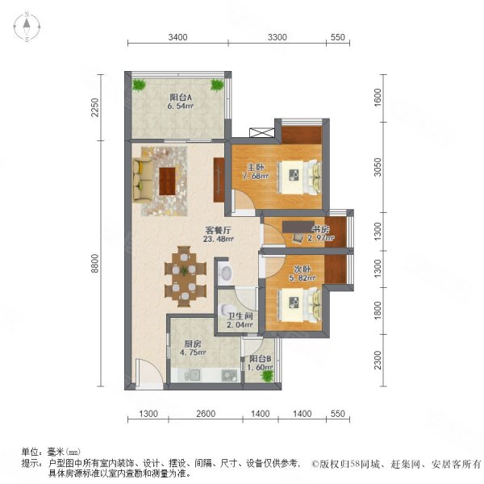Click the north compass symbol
(27, 27)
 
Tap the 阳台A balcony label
(181, 98)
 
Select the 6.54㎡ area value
(180, 106)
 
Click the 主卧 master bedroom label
(256, 167)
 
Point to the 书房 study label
(320, 230)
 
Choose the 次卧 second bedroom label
(302, 269)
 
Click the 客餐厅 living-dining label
(219, 230)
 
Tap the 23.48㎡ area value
(219, 239)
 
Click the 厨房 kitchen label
(193, 344)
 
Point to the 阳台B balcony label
(261, 359)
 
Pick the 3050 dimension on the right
(378, 167)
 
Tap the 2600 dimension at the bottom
(206, 414)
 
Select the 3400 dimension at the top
(177, 37)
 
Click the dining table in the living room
(185, 277)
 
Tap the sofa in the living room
(142, 179)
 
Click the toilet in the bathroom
(226, 309)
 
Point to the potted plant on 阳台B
(267, 376)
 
